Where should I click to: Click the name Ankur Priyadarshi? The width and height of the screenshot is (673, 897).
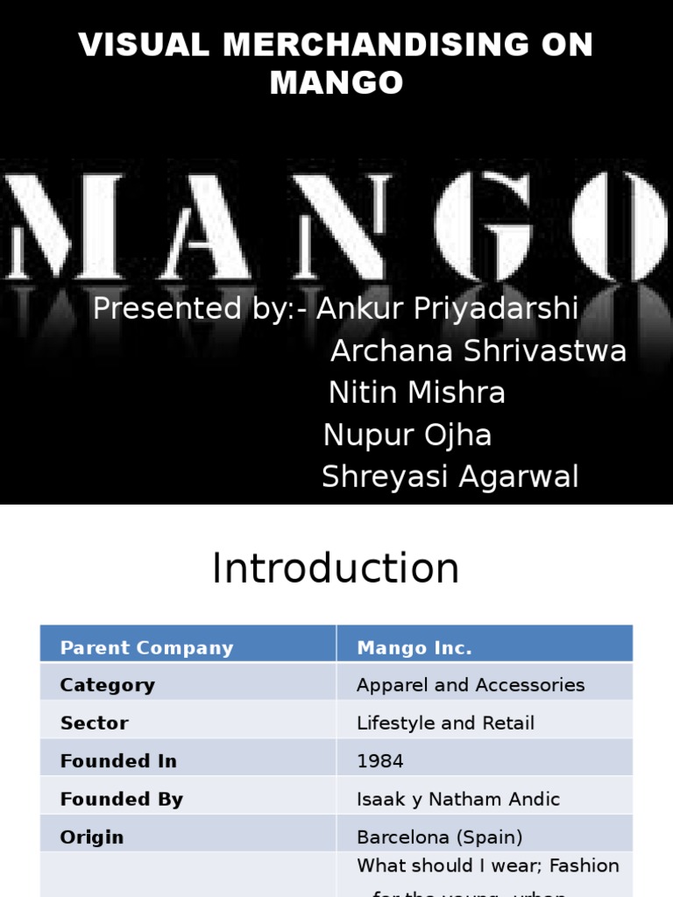point(448,309)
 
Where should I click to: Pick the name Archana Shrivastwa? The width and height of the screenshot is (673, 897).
point(478,351)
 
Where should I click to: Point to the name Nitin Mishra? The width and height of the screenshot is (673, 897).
point(417,392)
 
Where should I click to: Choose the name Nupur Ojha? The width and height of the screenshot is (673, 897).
point(407,434)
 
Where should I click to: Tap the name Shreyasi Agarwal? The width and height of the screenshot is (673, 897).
point(450,477)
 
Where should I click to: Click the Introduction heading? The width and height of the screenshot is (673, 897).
point(336,569)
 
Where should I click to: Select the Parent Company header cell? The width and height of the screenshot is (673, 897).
point(146,648)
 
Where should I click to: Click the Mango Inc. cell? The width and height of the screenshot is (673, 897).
point(414,648)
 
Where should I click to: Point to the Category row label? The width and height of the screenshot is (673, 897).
point(107,685)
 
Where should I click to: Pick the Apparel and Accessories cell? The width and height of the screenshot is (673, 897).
point(471,685)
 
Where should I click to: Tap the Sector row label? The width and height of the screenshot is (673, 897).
point(94,723)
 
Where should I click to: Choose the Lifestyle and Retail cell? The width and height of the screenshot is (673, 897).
point(445,723)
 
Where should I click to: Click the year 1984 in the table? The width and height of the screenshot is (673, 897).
point(380,761)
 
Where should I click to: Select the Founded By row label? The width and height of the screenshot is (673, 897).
point(121,799)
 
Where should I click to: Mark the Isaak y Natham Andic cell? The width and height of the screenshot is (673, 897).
point(458,799)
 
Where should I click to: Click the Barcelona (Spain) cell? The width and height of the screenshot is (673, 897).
point(440,837)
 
